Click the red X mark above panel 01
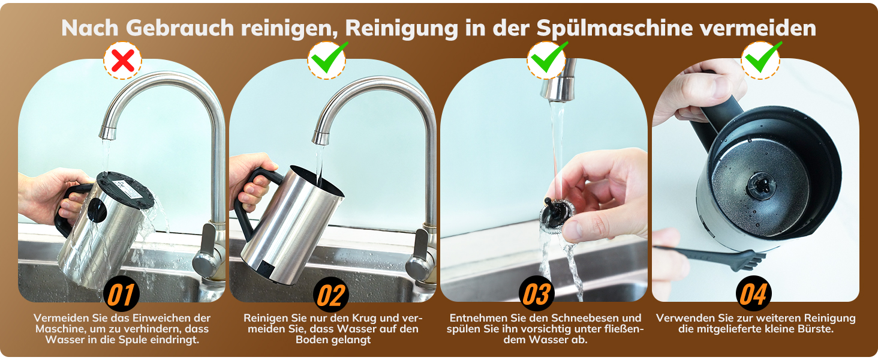(123, 61)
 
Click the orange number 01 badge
(121, 294)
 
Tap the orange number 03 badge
(536, 294)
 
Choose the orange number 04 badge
(753, 294)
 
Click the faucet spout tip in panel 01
(107, 133)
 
